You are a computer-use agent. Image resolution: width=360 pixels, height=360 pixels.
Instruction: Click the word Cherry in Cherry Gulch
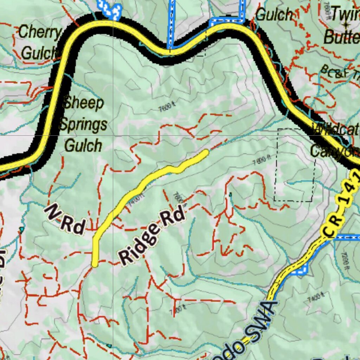point(39,32)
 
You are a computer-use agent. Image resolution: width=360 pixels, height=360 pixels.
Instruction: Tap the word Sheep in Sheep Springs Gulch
point(83,103)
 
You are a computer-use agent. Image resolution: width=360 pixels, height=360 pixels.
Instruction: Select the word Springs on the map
point(83,124)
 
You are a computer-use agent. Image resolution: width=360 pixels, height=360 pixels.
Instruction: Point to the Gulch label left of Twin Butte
point(274,15)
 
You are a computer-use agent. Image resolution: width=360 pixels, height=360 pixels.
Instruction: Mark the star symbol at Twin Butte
point(346,25)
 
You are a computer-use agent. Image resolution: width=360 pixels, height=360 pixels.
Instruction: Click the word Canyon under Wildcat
point(334,151)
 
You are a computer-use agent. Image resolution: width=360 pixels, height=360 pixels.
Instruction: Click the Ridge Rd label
point(152,235)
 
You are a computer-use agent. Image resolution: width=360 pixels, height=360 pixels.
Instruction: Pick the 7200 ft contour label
point(347,262)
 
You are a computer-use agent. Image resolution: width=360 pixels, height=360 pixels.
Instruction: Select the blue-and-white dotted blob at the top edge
point(110,9)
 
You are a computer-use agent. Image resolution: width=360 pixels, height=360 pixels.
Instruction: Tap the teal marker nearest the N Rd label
point(22,230)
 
